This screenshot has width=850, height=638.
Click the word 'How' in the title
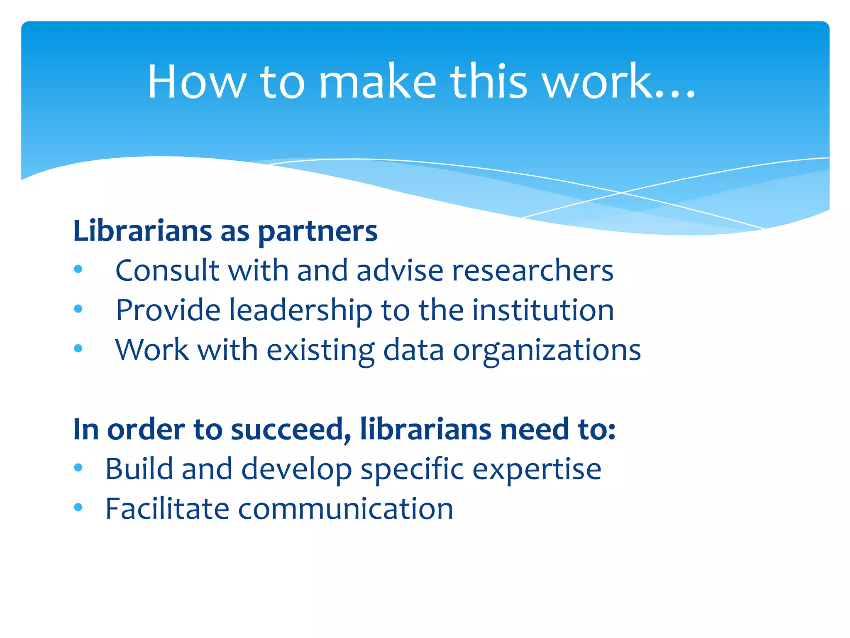point(197,82)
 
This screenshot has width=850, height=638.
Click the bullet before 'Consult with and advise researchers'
point(78,270)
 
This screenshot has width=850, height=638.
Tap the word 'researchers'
point(532,270)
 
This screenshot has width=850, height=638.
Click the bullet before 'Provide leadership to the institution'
point(78,309)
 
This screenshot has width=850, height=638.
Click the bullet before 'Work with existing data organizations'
point(78,348)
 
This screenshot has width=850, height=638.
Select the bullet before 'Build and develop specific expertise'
point(78,467)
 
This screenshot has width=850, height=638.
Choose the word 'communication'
point(345,509)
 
